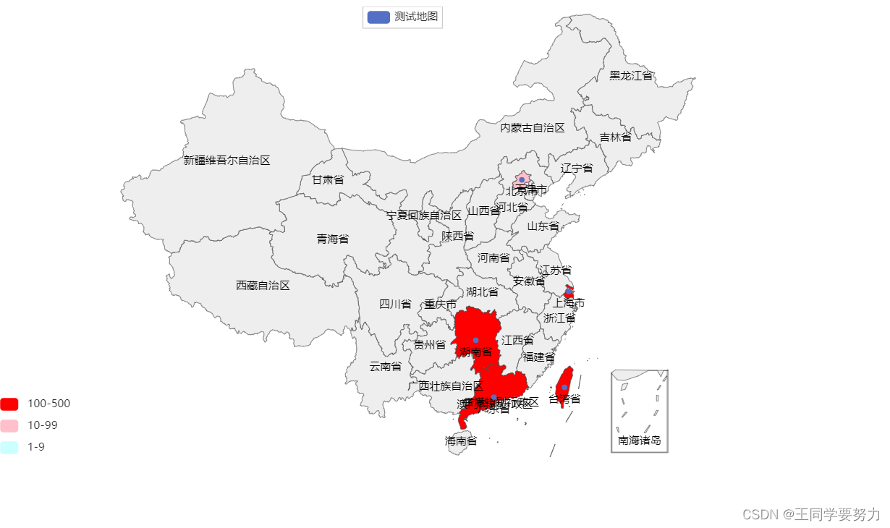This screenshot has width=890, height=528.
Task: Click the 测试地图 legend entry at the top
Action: (x=402, y=17)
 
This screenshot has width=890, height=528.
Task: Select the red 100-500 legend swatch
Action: (x=9, y=404)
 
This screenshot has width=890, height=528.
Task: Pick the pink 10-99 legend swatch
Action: (x=9, y=425)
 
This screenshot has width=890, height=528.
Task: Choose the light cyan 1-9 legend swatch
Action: (x=9, y=447)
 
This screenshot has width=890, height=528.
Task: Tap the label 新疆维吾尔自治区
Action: (x=226, y=161)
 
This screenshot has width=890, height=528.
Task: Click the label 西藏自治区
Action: (x=263, y=286)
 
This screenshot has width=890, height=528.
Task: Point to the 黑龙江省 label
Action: (x=631, y=76)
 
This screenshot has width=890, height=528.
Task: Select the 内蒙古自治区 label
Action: (x=533, y=128)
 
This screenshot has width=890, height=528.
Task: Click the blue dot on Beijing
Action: (x=522, y=179)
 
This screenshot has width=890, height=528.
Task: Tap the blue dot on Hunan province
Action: (x=475, y=340)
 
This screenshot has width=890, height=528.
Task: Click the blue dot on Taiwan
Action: (x=564, y=387)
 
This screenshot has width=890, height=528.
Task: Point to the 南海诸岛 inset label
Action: (x=639, y=440)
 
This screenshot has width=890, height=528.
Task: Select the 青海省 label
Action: (x=333, y=239)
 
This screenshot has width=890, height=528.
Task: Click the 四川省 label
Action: (x=395, y=305)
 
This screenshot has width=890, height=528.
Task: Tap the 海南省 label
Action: (x=461, y=440)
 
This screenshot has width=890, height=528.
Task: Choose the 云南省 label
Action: (x=385, y=367)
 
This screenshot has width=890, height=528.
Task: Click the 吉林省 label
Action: (x=615, y=137)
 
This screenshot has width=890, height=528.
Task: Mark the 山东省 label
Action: (x=543, y=226)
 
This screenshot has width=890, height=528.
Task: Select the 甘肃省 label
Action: (x=328, y=180)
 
